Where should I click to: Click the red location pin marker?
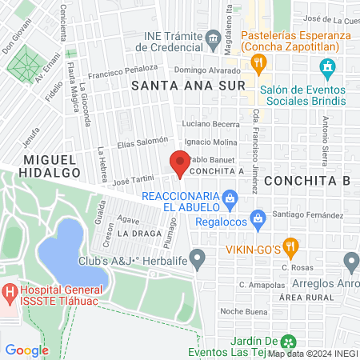(180, 165)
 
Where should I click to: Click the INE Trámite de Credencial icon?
(214, 38)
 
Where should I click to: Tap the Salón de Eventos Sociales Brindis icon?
(326, 70)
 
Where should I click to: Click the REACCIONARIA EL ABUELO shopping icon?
(230, 197)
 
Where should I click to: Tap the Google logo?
(26, 350)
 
